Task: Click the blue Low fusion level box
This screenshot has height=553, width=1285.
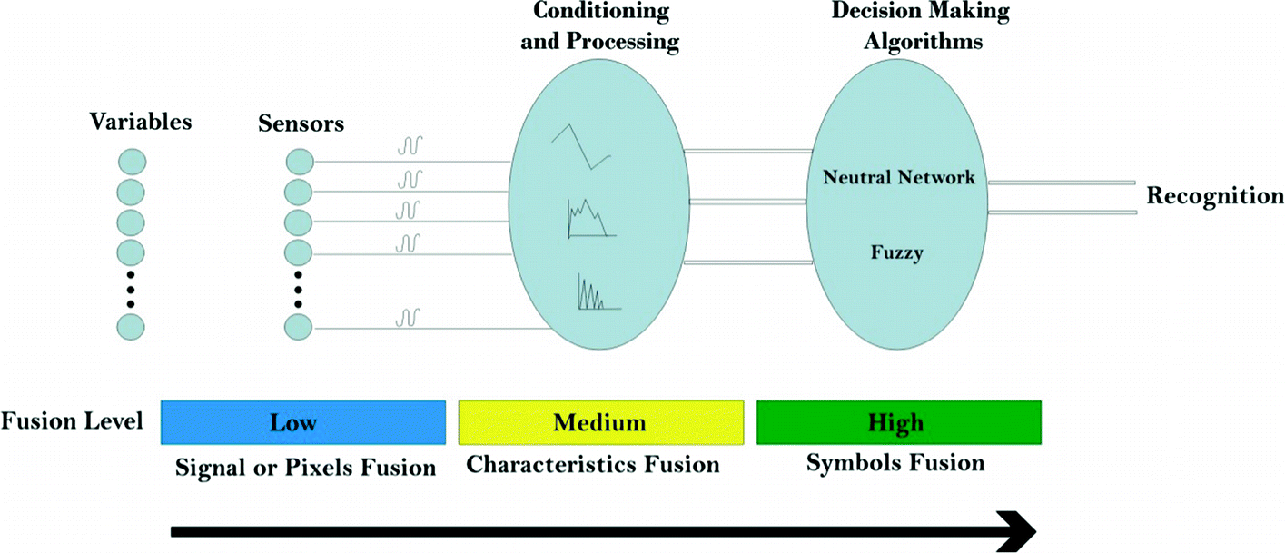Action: click(x=302, y=422)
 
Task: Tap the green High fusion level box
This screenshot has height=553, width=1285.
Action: click(x=897, y=422)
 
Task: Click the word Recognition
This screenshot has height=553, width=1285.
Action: click(x=1215, y=196)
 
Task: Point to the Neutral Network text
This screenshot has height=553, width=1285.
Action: click(x=898, y=177)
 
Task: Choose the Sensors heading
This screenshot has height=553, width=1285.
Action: click(x=301, y=123)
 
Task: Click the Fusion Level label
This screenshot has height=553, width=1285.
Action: click(x=72, y=422)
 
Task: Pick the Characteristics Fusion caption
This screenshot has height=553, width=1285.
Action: click(x=592, y=465)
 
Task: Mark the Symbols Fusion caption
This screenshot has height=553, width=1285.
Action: click(x=895, y=462)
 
